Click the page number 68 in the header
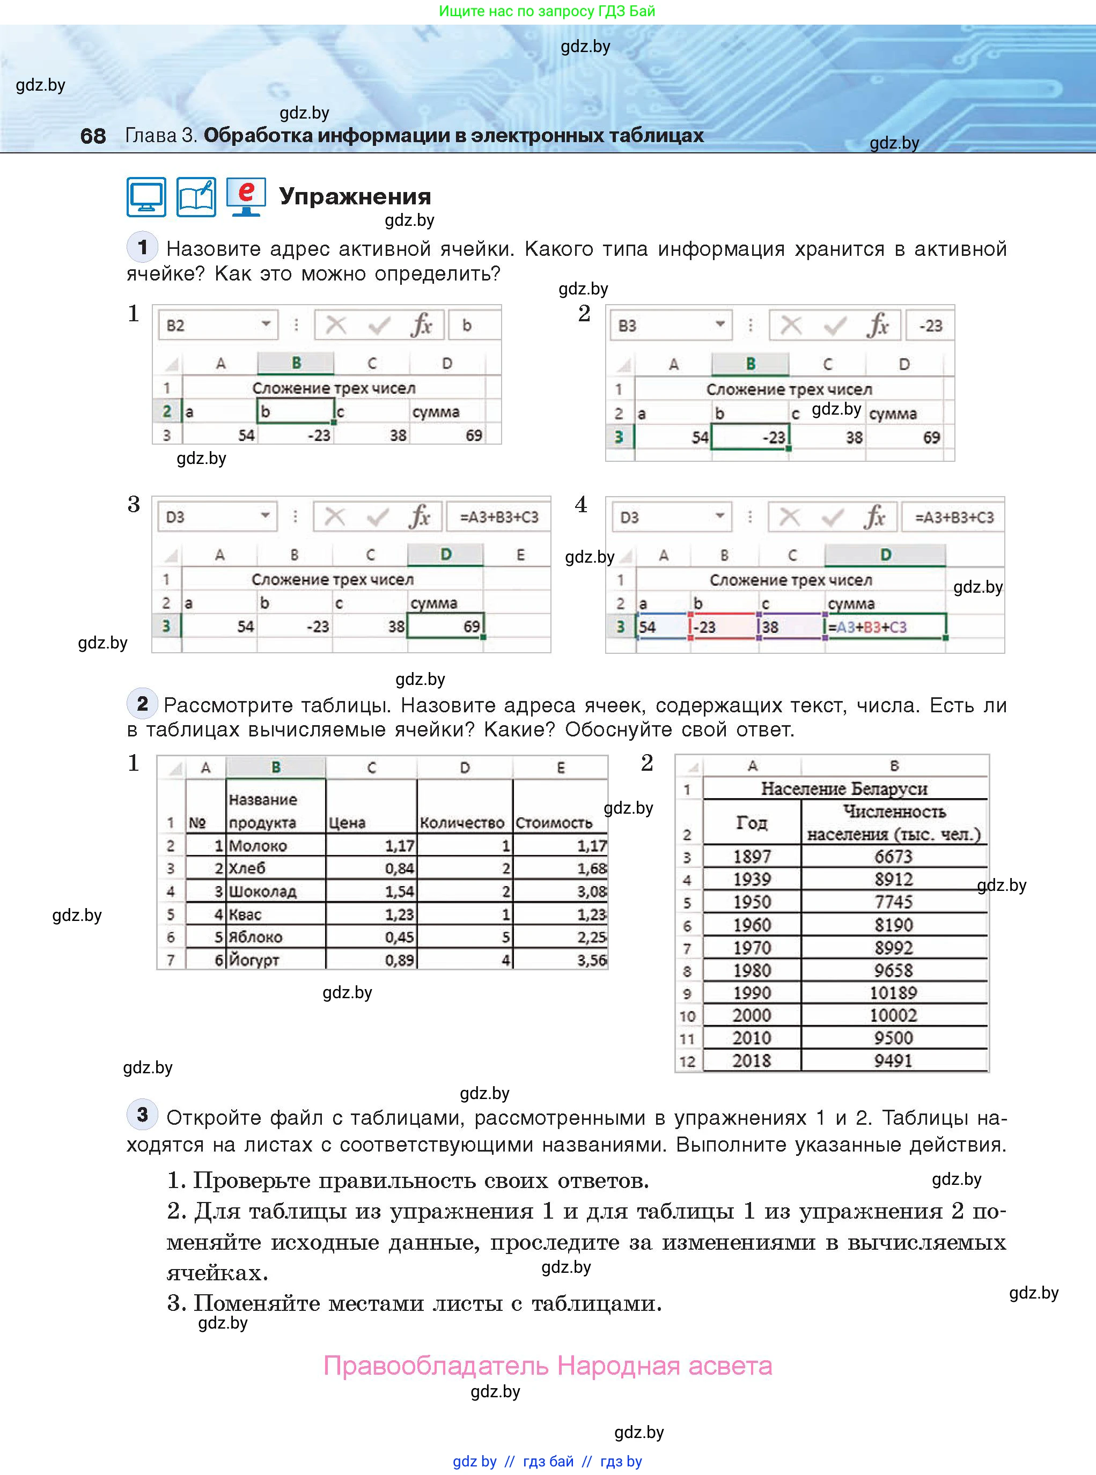pos(93,136)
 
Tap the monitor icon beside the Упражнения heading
pos(146,197)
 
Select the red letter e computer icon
pos(246,197)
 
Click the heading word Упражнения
pos(355,196)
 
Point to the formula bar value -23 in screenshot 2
pos(930,326)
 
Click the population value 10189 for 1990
pos(893,993)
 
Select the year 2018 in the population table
pos(752,1060)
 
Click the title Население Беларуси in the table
pos(844,788)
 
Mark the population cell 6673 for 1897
pos(893,856)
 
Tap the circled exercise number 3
pos(142,1115)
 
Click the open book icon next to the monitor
pos(196,197)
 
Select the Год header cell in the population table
pos(752,822)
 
